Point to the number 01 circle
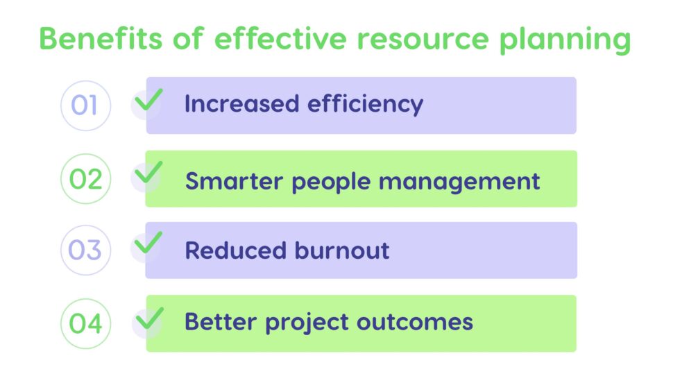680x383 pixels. [85, 105]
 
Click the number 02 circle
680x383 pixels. [85, 179]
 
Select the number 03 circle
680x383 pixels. [85, 250]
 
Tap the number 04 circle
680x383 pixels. [85, 323]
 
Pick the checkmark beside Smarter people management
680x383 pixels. [148, 173]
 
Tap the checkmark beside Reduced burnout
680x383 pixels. [148, 244]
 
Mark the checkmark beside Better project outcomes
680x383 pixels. [148, 318]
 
